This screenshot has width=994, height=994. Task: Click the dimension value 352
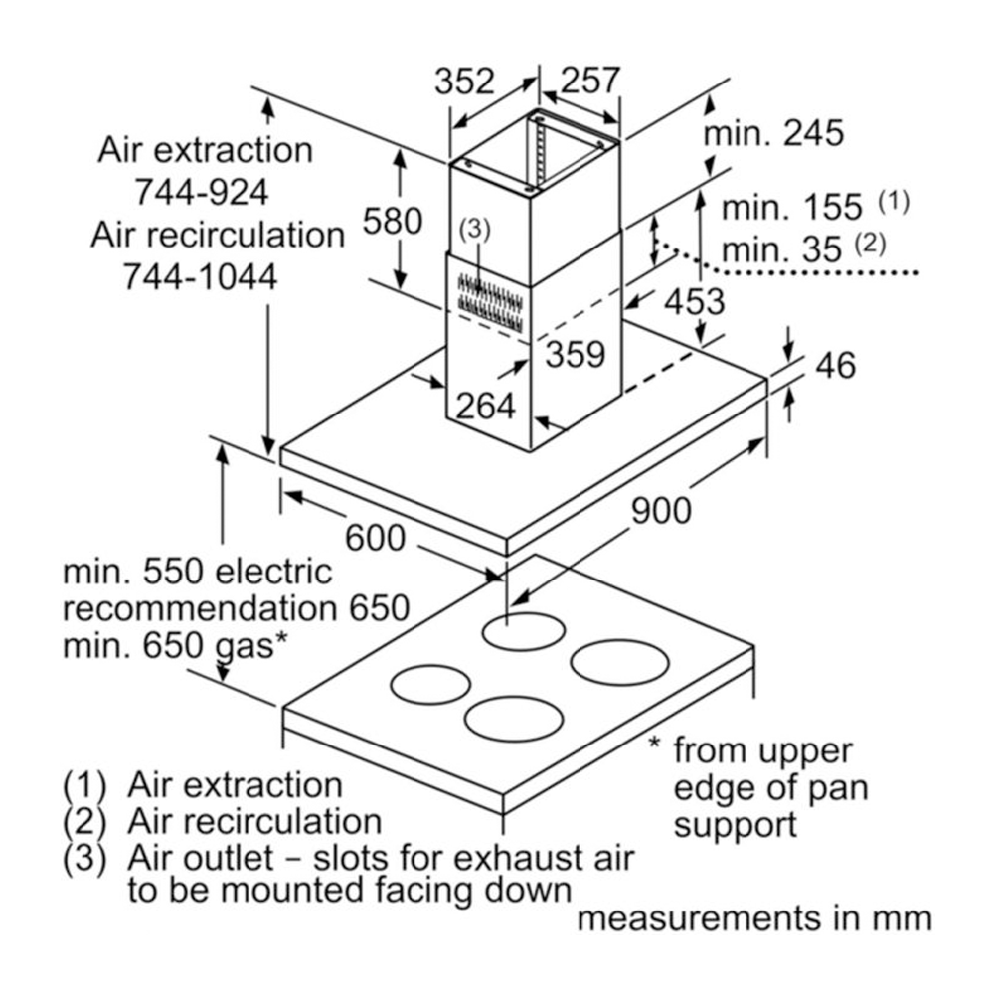[x=464, y=81]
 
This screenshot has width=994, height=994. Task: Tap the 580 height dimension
[x=392, y=221]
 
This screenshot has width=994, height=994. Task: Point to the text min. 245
[x=773, y=133]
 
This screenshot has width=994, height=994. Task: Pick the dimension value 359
[x=576, y=354]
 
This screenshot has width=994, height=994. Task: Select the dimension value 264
[x=486, y=405]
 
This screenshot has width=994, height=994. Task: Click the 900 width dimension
[x=661, y=510]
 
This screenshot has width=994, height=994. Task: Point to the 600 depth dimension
[x=375, y=538]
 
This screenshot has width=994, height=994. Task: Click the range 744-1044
[x=199, y=277]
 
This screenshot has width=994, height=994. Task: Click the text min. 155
[x=792, y=208]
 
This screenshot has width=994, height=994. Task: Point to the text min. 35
[x=782, y=249]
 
